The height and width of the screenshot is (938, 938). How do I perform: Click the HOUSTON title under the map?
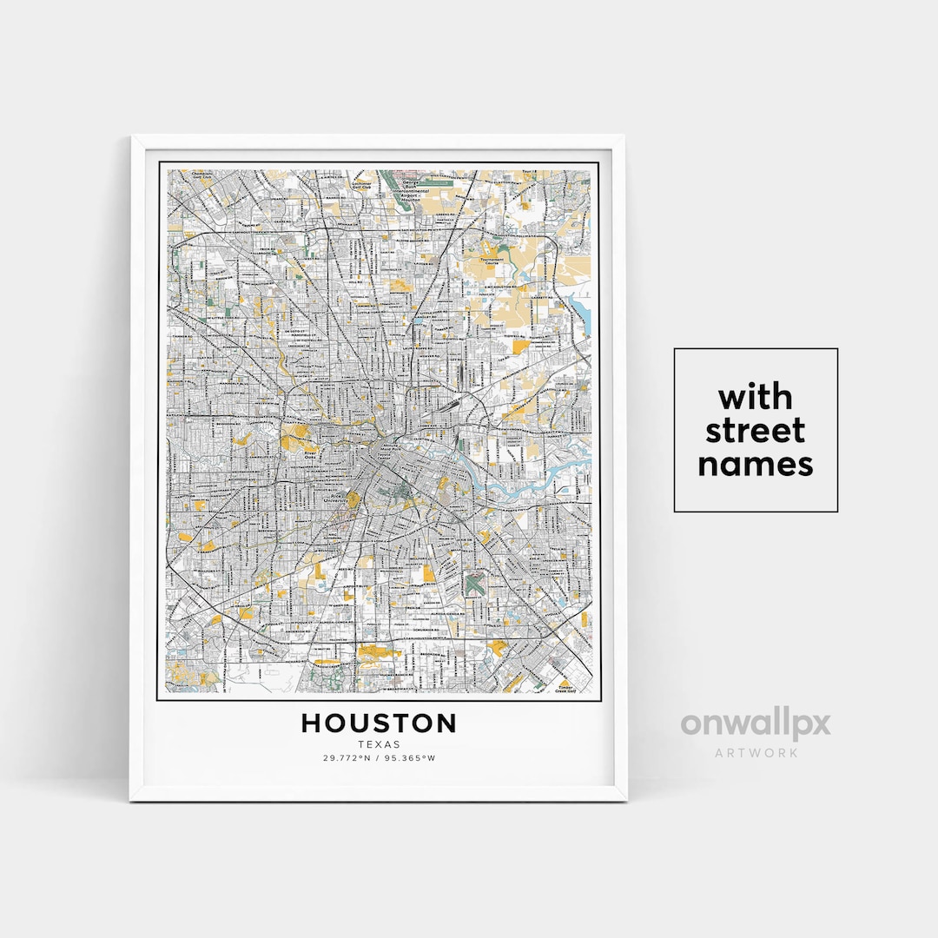(379, 723)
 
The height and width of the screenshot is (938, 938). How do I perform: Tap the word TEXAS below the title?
(379, 744)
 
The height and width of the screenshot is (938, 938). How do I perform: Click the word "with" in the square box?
(756, 398)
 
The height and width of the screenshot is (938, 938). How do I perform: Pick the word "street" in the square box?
(756, 431)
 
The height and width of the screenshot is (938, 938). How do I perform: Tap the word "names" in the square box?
(756, 464)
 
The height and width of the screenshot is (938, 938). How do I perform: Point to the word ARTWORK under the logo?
(755, 752)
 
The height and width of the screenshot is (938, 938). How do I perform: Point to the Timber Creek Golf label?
(566, 687)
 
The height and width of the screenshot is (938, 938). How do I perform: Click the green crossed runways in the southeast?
(474, 583)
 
